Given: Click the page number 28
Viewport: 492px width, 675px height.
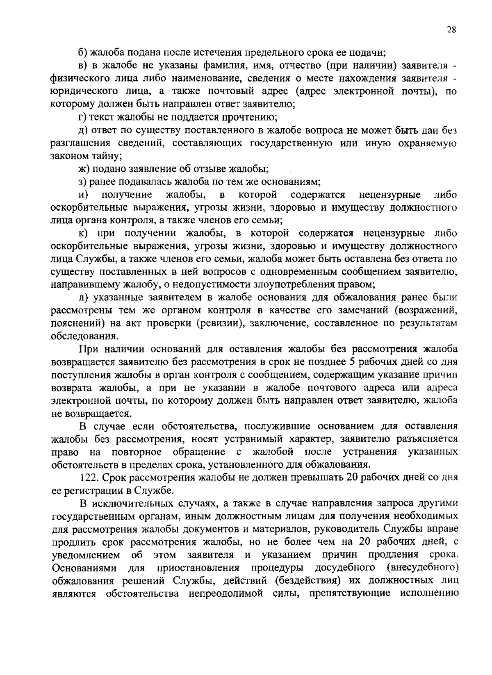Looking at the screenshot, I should [451, 30].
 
